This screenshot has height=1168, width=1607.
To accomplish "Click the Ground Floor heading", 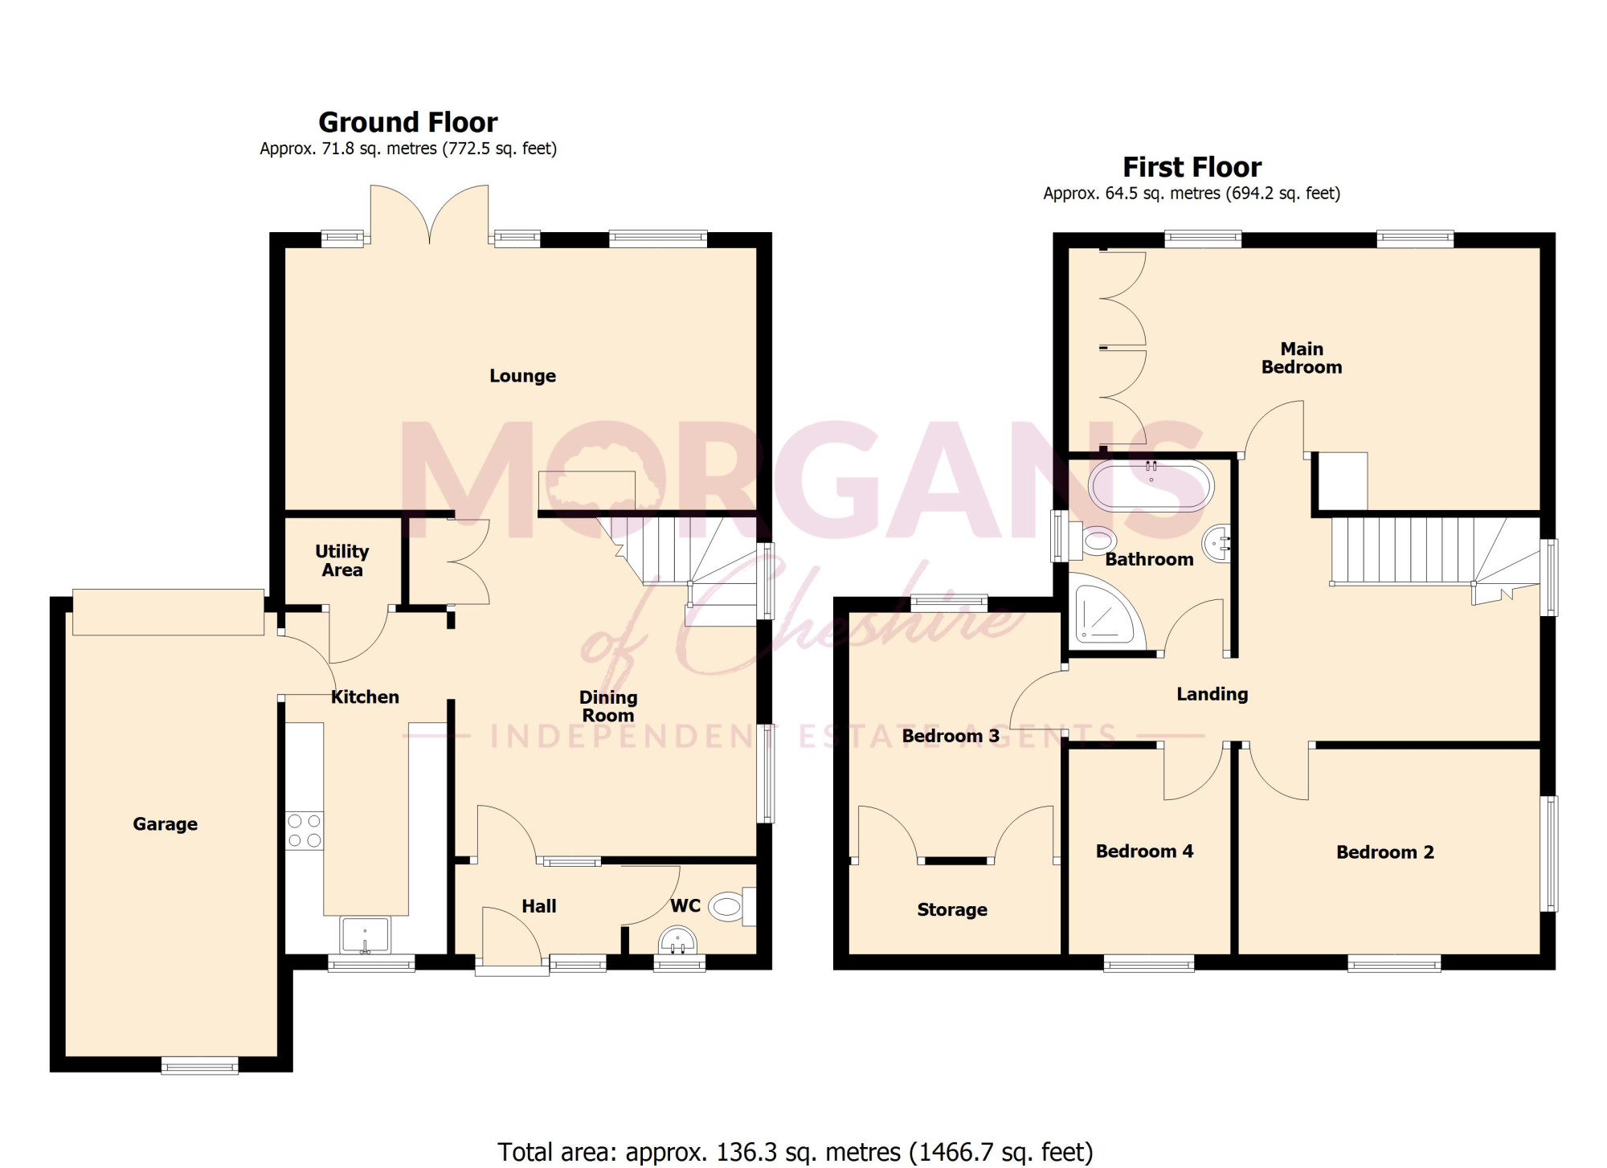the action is (408, 122).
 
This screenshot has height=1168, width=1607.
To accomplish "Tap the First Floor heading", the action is (1192, 167).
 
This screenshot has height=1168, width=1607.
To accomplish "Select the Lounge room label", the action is (522, 376).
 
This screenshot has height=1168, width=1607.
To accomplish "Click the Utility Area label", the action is (342, 561).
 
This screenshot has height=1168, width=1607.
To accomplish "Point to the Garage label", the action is (165, 824).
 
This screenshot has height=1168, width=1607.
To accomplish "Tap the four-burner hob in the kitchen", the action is (305, 831).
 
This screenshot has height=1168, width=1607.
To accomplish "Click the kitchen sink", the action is (366, 935).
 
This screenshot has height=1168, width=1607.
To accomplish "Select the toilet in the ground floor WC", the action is (733, 907).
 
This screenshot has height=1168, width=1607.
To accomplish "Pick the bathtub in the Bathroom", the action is (1151, 485).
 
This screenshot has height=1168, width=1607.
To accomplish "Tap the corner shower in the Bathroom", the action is (1106, 615).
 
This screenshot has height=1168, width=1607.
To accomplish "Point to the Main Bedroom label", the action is (1301, 358).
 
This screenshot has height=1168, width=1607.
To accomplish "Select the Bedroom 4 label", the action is (1144, 851).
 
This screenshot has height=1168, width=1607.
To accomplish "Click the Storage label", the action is (952, 910).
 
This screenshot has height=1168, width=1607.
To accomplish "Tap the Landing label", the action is (1212, 694).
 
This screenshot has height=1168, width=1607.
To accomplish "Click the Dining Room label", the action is (608, 707).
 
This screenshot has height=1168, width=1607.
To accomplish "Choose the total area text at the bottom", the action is (795, 1151).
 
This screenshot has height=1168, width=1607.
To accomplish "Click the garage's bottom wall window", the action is (200, 1065).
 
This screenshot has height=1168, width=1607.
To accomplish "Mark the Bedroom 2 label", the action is (1384, 852).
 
